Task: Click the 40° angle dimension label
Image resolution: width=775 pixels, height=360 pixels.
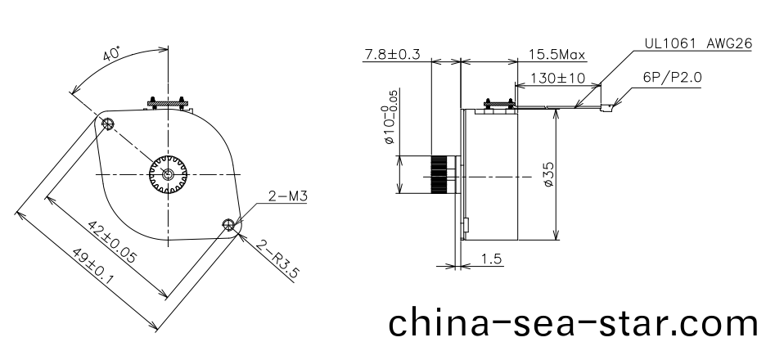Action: pos(112,55)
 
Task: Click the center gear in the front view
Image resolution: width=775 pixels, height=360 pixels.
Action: pos(169,174)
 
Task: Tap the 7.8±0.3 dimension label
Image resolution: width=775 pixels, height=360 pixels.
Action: pos(391,55)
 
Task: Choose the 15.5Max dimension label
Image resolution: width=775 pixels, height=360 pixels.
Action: pos(556,55)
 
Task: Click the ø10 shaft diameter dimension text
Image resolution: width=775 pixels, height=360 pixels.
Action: pos(390,121)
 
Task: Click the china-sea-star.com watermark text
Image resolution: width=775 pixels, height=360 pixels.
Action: pos(572,322)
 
